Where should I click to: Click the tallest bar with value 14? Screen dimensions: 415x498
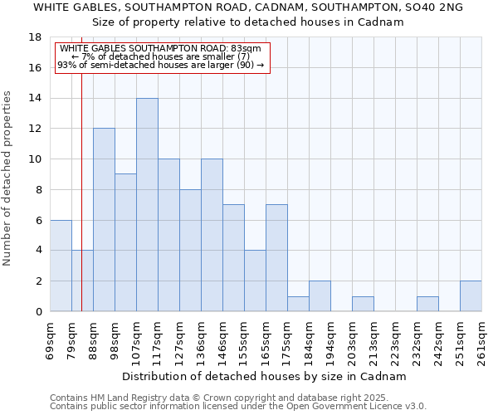[x=147, y=205]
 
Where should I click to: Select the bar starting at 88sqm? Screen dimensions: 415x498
[x=104, y=220]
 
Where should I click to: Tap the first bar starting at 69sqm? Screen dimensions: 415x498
[x=61, y=266]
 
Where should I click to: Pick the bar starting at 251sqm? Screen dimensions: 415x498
[x=471, y=296]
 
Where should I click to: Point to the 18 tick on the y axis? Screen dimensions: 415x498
[x=37, y=37]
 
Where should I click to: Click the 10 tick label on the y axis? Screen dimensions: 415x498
[x=37, y=159]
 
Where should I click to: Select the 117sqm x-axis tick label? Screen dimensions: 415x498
[x=158, y=339]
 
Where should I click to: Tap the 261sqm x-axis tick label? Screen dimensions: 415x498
[x=481, y=339]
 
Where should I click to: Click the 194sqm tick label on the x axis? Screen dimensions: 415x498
[x=330, y=339]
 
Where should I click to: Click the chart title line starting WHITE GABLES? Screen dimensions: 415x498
[x=248, y=7]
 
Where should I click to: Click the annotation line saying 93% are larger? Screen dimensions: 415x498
[x=161, y=65]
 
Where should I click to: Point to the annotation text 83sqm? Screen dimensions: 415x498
[x=161, y=49]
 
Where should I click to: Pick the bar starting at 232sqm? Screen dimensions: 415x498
[x=427, y=304]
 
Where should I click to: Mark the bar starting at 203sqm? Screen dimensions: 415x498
[x=363, y=304]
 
